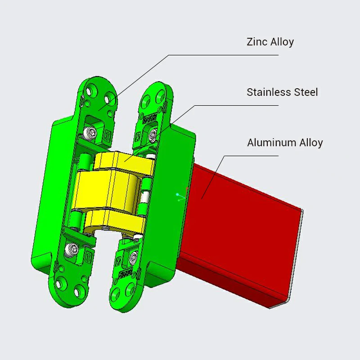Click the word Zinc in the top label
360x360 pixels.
pyautogui.click(x=257, y=42)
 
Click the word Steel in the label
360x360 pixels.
pyautogui.click(x=306, y=93)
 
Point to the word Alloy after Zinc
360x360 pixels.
pyautogui.click(x=282, y=42)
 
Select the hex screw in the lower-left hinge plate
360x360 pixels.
pyautogui.click(x=73, y=248)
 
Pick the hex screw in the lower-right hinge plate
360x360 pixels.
pyautogui.click(x=133, y=257)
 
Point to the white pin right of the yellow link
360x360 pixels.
pyautogui.click(x=145, y=198)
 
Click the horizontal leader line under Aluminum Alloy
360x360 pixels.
pyautogui.click(x=252, y=156)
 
